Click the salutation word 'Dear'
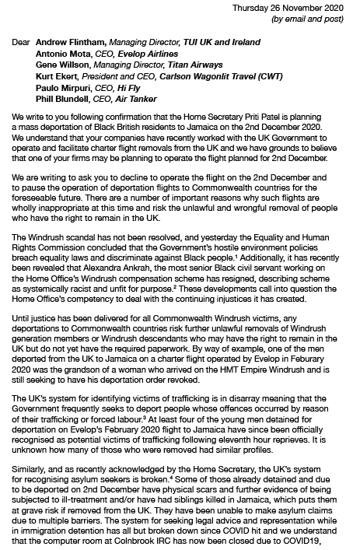[23, 43]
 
